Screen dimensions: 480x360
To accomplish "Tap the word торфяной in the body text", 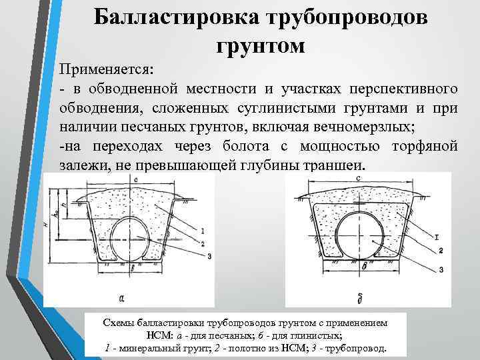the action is [x=423, y=146].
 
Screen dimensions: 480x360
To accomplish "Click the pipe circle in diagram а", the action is [x=131, y=239].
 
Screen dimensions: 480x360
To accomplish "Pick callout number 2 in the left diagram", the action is [x=202, y=243].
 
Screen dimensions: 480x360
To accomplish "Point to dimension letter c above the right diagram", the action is [x=359, y=179].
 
